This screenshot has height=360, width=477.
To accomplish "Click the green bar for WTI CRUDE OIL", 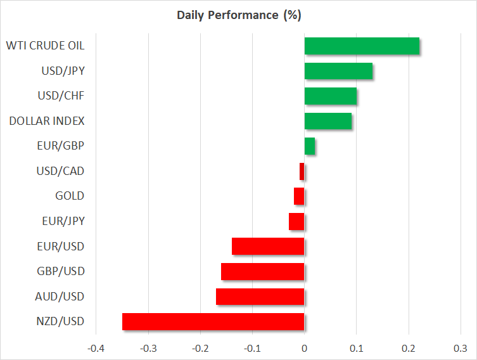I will [x=362, y=46].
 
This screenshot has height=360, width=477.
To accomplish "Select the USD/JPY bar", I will [x=338, y=71].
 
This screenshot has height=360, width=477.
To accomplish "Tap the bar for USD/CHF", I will [x=330, y=96].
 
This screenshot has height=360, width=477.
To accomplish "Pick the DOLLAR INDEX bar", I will [x=328, y=121].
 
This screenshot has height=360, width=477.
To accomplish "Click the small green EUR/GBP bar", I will [x=310, y=146].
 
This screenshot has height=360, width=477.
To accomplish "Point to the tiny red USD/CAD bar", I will [x=302, y=171].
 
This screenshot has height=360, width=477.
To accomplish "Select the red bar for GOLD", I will [x=299, y=196].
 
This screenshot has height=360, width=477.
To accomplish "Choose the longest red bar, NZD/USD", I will [x=213, y=321].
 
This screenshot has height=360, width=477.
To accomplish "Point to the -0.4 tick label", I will [x=96, y=348].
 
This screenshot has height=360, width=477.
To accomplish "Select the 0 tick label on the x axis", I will [x=305, y=348].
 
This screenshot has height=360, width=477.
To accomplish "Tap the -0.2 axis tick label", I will [x=200, y=348].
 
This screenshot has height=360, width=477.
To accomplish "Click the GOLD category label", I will [x=70, y=196].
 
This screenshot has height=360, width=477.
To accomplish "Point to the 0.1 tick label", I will [x=357, y=348].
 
